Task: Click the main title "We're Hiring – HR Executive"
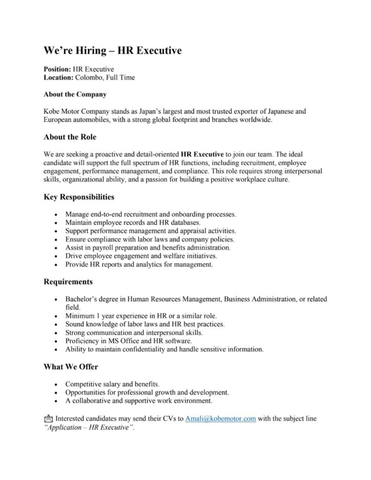pyautogui.click(x=113, y=50)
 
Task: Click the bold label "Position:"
pyautogui.click(x=57, y=69)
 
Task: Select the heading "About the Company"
pyautogui.click(x=75, y=94)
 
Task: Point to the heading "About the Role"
pyautogui.click(x=70, y=137)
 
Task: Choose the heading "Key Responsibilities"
pyautogui.click(x=79, y=197)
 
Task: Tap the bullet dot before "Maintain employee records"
pyautogui.click(x=56, y=223)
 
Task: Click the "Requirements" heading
pyautogui.click(x=68, y=282)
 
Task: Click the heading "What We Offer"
pyautogui.click(x=71, y=367)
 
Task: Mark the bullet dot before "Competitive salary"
pyautogui.click(x=56, y=384)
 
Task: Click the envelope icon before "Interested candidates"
pyautogui.click(x=48, y=419)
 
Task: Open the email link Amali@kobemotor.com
pyautogui.click(x=220, y=419)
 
